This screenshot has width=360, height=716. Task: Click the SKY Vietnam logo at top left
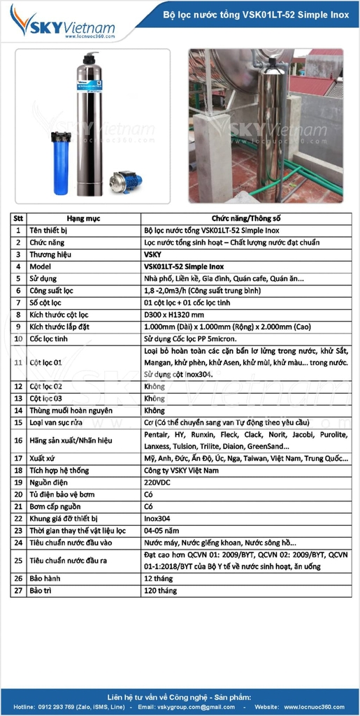63,27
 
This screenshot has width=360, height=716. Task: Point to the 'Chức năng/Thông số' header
245,218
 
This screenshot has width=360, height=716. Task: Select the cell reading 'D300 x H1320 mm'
174,315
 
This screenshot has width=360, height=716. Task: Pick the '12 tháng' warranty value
158,579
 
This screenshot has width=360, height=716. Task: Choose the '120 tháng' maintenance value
160,591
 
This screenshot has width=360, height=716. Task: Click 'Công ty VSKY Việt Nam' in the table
181,471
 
